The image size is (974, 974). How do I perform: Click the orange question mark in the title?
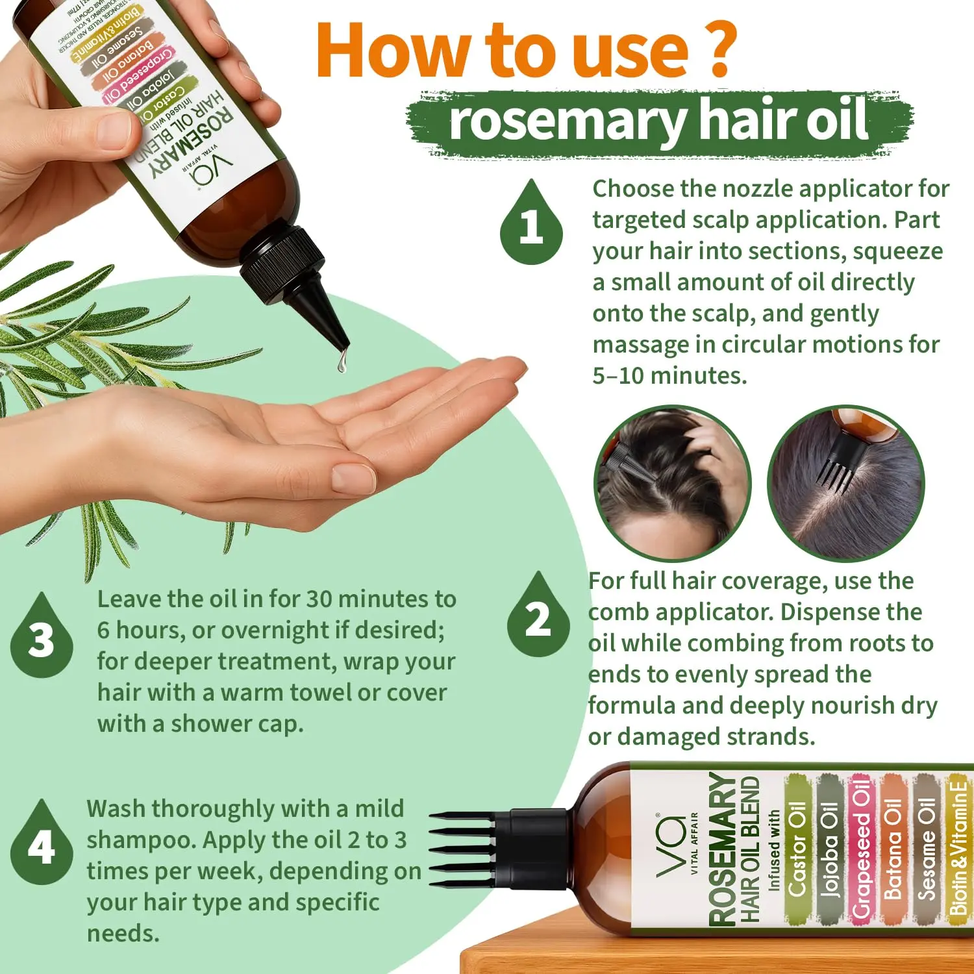pos(719,49)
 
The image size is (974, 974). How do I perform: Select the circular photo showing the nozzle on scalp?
pos(672,484)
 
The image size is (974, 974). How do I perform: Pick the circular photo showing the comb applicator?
pos(845,484)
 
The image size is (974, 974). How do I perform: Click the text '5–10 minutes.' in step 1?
pos(669,375)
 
